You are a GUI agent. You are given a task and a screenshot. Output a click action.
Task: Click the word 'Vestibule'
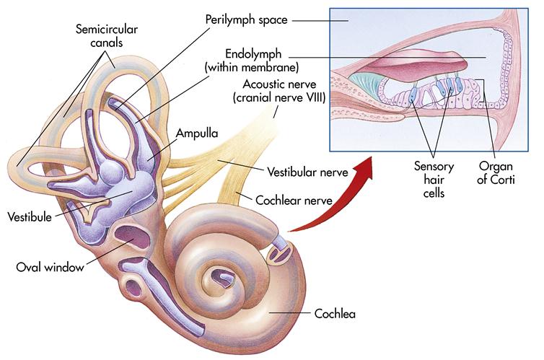(28, 216)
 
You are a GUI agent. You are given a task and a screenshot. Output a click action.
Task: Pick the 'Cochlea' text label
(335, 314)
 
